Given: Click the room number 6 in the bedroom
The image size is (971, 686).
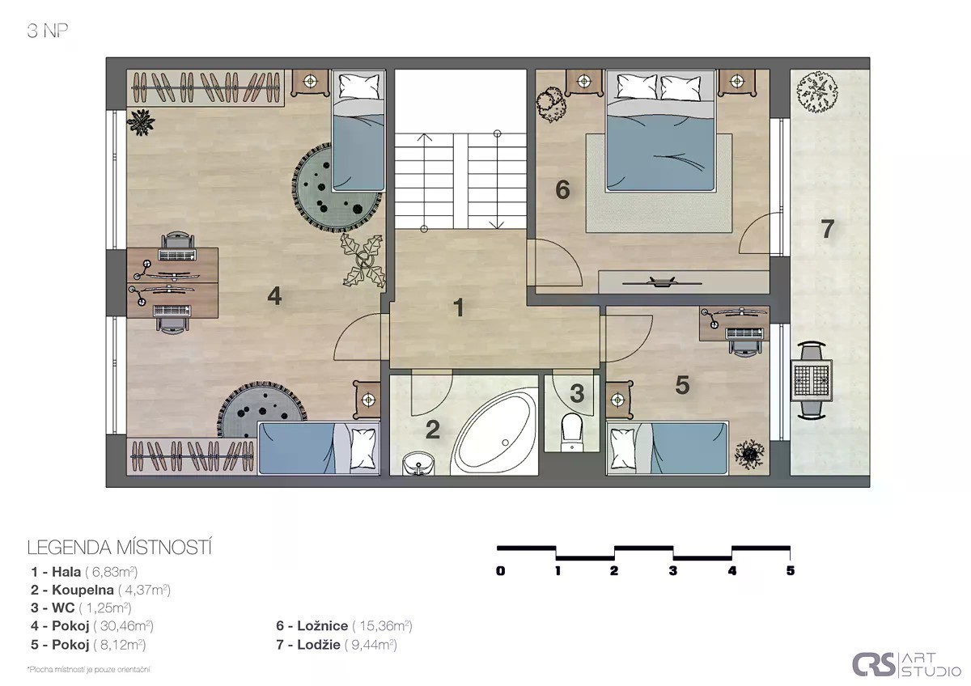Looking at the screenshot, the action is point(562,190).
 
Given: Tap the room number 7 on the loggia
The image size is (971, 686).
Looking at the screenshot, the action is point(828,228).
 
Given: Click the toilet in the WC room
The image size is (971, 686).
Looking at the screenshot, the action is point(572,433).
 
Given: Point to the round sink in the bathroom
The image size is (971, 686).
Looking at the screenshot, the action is point(418,464).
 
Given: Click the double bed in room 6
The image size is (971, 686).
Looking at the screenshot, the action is point(660,130).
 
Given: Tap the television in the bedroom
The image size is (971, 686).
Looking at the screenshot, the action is point(662,282).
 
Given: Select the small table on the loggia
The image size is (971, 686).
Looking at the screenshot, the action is point(812,380).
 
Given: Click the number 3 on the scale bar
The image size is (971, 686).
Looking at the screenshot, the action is point(672,571).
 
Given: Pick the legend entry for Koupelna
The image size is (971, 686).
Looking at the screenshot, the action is point(100,590).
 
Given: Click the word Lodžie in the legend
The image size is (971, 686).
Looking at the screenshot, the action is point(319,645).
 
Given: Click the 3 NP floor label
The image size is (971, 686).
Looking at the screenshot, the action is point(47,31).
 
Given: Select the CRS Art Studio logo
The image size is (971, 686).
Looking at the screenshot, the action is point(906,665).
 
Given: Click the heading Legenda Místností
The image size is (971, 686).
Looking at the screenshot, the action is point(119,548).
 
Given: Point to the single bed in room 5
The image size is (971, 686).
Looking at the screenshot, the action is point(667,449).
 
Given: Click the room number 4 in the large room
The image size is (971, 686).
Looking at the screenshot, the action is point(274,296).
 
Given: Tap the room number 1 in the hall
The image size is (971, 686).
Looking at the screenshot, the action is point(459,307).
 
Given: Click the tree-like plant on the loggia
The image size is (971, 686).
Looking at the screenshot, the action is point(816,92).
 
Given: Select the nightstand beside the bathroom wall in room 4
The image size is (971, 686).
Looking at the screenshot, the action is point(367,400).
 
